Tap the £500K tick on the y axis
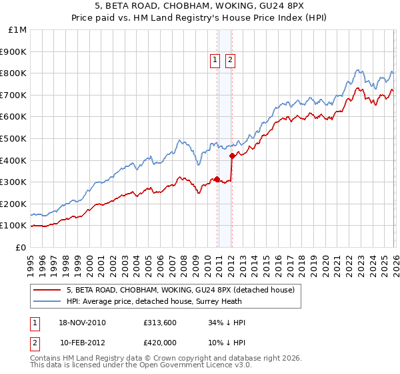coord(13,138)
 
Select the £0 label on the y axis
coord(20,247)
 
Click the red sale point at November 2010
coord(217,179)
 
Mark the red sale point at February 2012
coord(232,156)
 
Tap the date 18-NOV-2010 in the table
coord(83,323)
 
